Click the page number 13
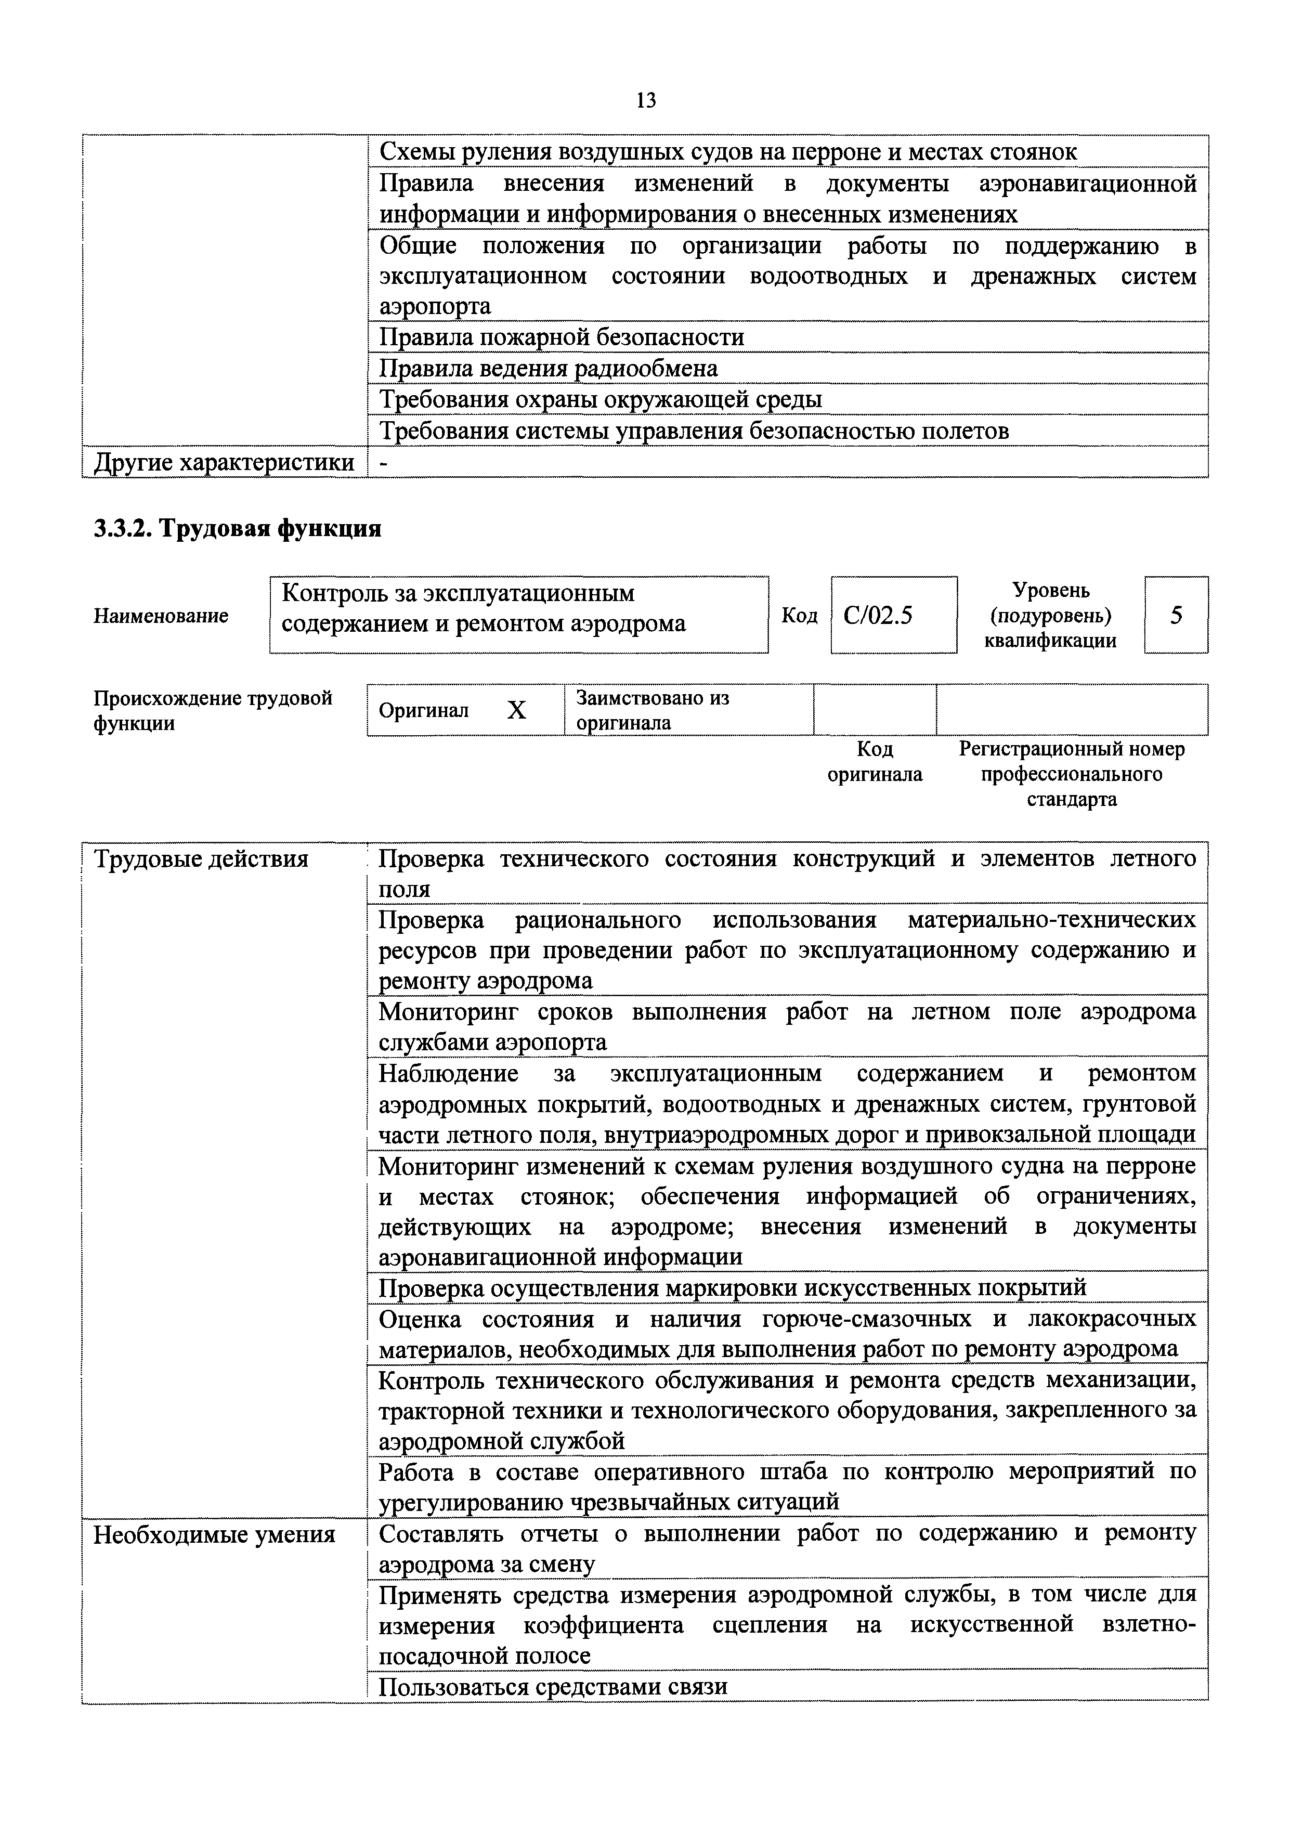(646, 100)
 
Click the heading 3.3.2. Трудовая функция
(238, 528)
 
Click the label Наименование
(161, 616)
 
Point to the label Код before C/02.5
(799, 616)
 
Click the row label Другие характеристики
(224, 462)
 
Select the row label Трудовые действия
(201, 859)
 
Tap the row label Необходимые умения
(214, 1534)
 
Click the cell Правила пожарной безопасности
(562, 337)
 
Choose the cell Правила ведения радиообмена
(548, 369)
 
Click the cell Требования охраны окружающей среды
(601, 400)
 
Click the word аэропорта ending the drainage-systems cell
(435, 307)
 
